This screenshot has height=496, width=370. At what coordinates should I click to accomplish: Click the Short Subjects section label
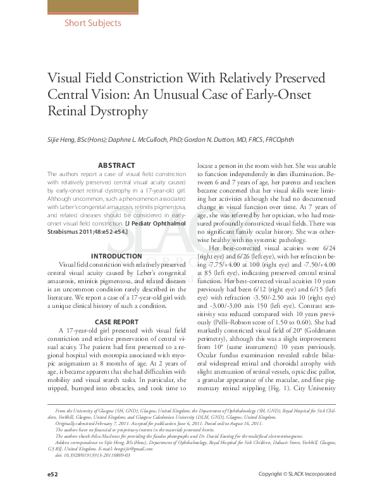coord(93,23)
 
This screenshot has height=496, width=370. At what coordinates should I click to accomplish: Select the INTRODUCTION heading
coord(116,257)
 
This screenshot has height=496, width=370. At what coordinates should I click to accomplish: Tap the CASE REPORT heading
coord(116,322)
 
